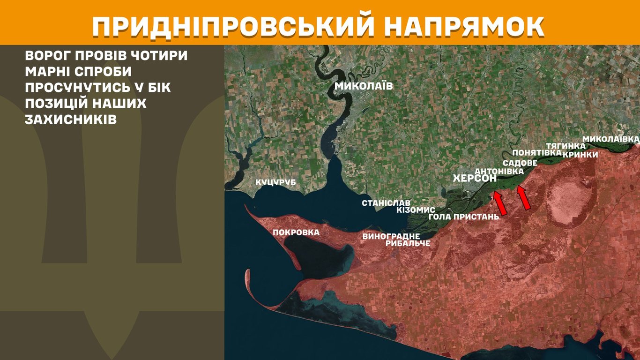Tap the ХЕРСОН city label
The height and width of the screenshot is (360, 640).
(475, 179)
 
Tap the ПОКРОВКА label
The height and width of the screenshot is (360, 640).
(296, 232)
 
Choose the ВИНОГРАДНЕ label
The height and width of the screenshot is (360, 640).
(391, 236)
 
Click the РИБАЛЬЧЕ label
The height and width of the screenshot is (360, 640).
(408, 243)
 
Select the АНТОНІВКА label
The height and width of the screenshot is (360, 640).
(499, 172)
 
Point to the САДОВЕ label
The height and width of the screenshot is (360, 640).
(520, 163)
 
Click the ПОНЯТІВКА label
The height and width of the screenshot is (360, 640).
(536, 153)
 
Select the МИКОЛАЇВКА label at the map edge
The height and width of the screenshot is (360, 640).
(610, 139)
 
